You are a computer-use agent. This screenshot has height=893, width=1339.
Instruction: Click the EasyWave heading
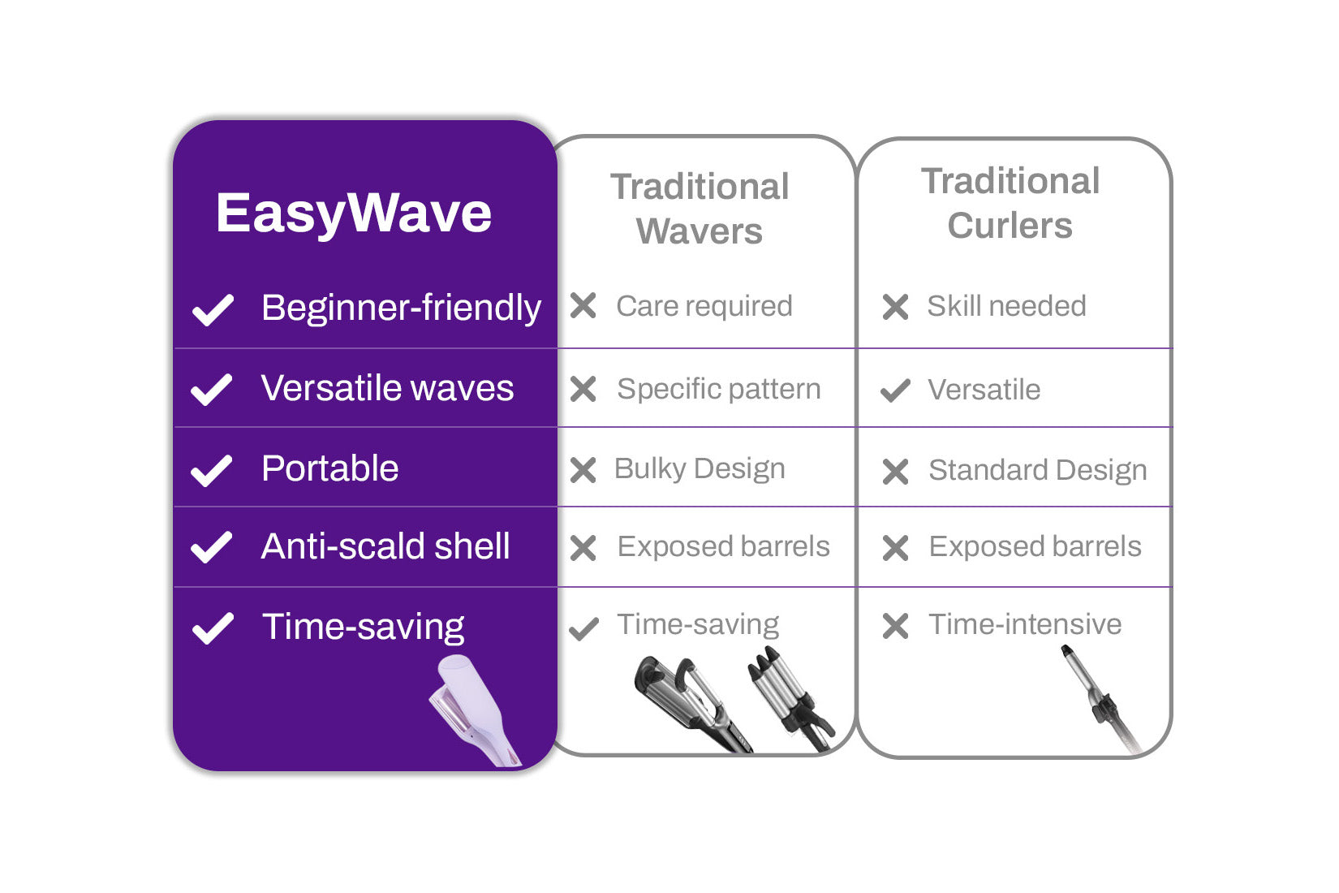coord(353,214)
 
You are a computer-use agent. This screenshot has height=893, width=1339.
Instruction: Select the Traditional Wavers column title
coord(700,209)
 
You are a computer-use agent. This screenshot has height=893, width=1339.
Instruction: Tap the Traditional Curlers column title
coord(1010,204)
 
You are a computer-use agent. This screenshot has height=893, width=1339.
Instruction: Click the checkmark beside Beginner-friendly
coord(213,310)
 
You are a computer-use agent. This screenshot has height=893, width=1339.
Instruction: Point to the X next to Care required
coord(583,305)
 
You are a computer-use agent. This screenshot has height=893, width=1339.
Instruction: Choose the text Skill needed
coord(1006,306)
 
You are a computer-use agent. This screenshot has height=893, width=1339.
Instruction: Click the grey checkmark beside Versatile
coord(895,390)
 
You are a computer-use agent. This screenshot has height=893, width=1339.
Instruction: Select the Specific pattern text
coord(719,390)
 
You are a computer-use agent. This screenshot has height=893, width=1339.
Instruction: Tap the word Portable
coord(330,468)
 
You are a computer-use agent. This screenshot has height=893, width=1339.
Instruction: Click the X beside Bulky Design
coord(583,470)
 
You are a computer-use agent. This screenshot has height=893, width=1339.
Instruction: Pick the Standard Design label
coord(1038,471)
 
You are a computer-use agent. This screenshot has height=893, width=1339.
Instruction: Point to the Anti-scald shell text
coord(385,546)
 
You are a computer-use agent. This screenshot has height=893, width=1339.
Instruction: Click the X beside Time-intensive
coord(895,626)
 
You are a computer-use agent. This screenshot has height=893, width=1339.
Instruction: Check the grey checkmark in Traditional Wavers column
coord(584,628)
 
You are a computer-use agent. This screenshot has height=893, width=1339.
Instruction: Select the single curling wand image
coord(1100,699)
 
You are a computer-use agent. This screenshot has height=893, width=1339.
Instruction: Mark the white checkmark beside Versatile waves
coord(212,390)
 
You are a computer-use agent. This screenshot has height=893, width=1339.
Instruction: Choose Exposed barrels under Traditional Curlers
coord(1035,546)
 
